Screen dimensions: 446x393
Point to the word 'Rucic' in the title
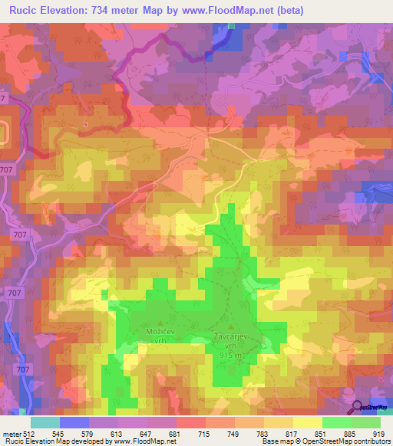[x=22, y=11]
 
